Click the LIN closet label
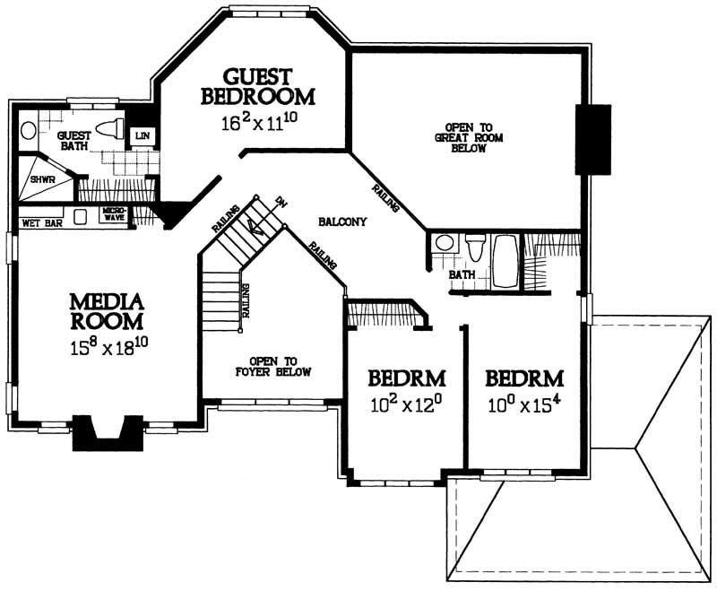(x=142, y=135)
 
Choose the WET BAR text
(x=40, y=222)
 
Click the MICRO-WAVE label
(x=113, y=215)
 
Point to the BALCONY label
(x=341, y=222)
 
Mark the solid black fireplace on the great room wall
(x=593, y=139)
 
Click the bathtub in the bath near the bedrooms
(x=505, y=261)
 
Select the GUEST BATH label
(x=72, y=141)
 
